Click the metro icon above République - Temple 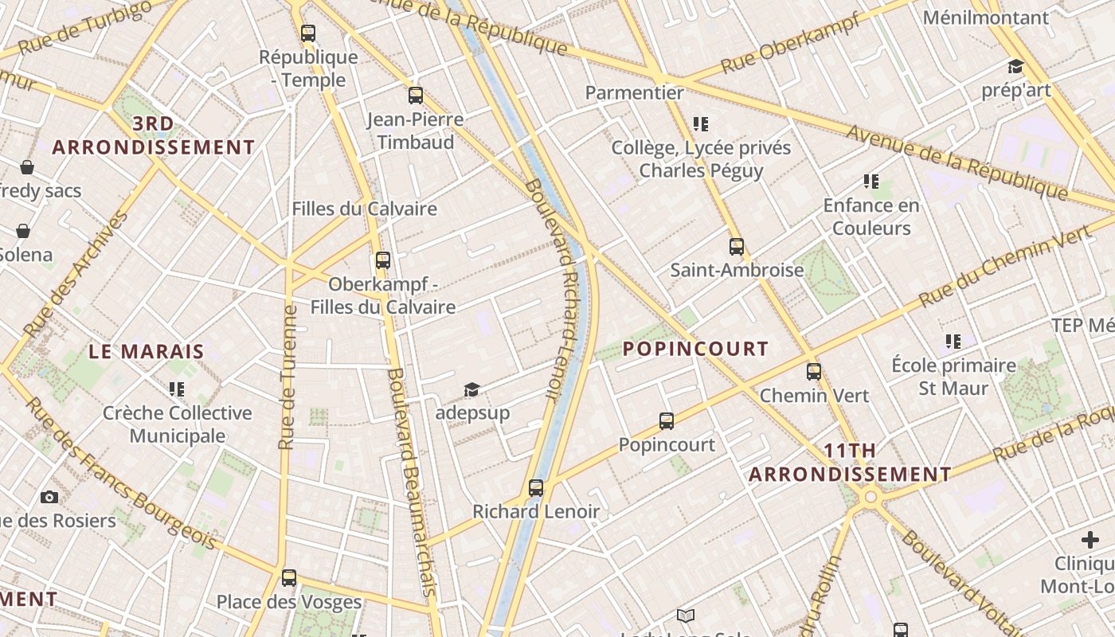pyautogui.click(x=308, y=33)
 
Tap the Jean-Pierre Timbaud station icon pyautogui.click(x=416, y=96)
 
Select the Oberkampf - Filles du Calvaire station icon pyautogui.click(x=383, y=260)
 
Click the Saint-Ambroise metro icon pyautogui.click(x=737, y=247)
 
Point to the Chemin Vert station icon pyautogui.click(x=814, y=372)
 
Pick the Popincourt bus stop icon pyautogui.click(x=667, y=421)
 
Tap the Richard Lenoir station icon pyautogui.click(x=536, y=488)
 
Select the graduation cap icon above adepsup pyautogui.click(x=472, y=390)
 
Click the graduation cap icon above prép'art pyautogui.click(x=1015, y=67)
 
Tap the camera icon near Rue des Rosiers pyautogui.click(x=49, y=498)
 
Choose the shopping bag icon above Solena pyautogui.click(x=24, y=232)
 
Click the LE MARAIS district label pyautogui.click(x=147, y=351)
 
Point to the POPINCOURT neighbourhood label pyautogui.click(x=695, y=349)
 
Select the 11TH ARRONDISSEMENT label pyautogui.click(x=850, y=463)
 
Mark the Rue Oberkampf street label pyautogui.click(x=790, y=43)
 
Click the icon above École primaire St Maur pyautogui.click(x=953, y=342)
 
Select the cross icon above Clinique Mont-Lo pyautogui.click(x=1090, y=541)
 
